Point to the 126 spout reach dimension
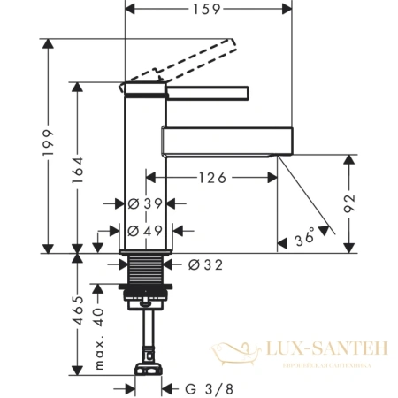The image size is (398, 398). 211,177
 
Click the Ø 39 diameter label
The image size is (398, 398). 145,203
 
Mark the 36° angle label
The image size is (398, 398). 304,238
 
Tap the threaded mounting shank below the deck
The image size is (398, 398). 145,271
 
